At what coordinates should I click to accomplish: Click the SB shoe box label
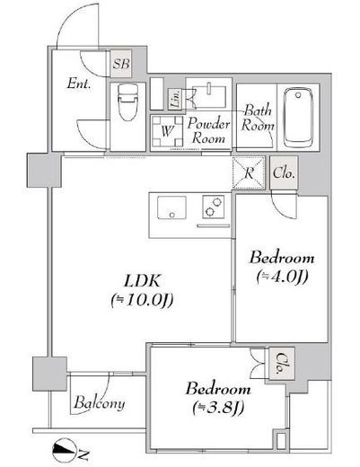[x=121, y=64]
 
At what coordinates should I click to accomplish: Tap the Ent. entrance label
[x=79, y=84]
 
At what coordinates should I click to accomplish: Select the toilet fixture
[x=128, y=101]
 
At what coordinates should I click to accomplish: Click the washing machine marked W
[x=167, y=131]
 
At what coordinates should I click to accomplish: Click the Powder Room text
[x=208, y=131]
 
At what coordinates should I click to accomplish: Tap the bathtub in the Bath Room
[x=298, y=117]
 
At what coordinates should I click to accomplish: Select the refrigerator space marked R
[x=249, y=172]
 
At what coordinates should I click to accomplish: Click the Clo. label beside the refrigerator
[x=284, y=172]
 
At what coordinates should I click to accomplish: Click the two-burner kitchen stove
[x=214, y=207]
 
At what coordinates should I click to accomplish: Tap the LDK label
[x=143, y=281]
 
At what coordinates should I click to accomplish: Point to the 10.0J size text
[x=142, y=300]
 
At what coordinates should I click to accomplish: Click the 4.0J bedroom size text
[x=282, y=278]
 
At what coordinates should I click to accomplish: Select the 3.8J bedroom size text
[x=218, y=407]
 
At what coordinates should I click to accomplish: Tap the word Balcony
[x=100, y=402]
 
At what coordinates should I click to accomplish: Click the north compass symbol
[x=64, y=450]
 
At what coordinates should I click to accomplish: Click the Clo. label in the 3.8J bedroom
[x=280, y=363]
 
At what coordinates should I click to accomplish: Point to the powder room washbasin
[x=209, y=96]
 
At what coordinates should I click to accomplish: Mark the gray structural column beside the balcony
[x=49, y=374]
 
